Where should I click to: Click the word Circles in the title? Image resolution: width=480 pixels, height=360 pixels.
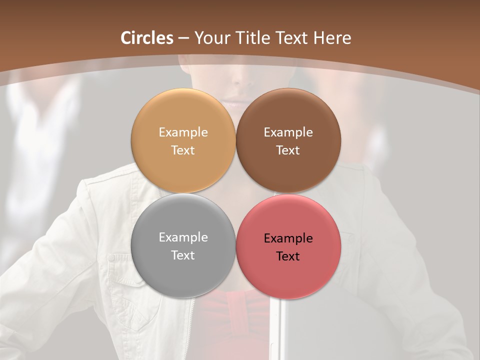[146, 38]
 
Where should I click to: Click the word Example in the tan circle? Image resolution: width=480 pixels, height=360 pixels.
[183, 132]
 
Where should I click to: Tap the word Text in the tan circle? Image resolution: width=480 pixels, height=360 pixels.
[183, 150]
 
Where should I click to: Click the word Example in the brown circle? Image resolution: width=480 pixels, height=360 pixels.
[288, 132]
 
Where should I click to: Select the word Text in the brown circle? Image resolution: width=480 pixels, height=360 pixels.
[288, 150]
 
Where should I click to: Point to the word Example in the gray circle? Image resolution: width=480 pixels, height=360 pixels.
[183, 237]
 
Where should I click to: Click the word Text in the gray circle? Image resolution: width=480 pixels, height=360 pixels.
[183, 255]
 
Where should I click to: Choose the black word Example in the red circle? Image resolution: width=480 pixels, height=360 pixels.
[288, 238]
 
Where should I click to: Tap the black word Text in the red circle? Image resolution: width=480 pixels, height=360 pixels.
[288, 256]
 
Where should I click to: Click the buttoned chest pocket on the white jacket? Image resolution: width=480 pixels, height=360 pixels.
[122, 280]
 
